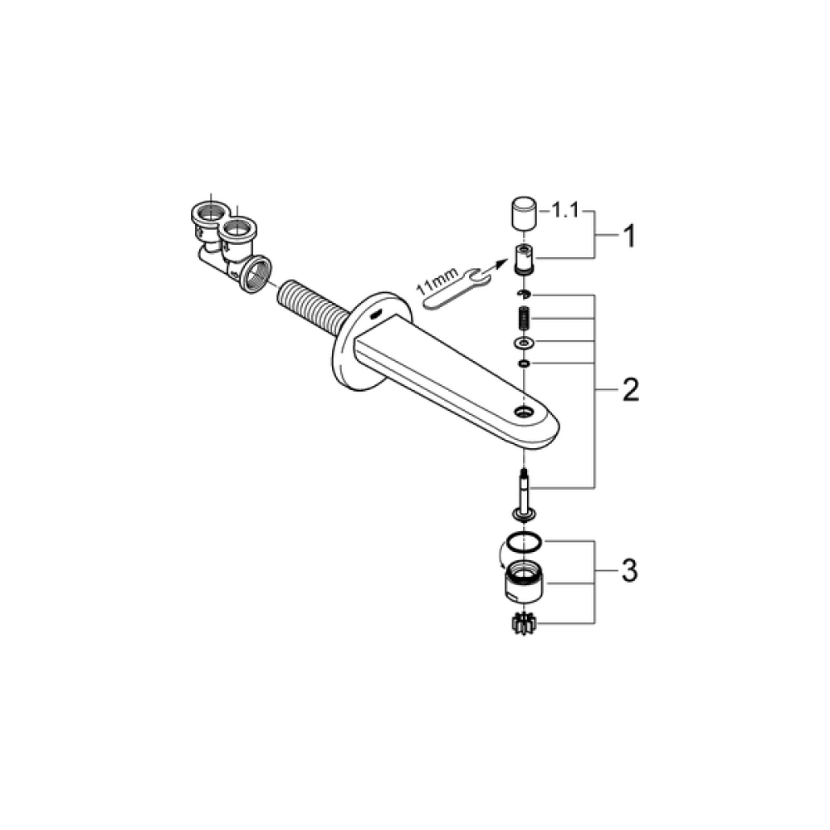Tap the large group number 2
pos(630,389)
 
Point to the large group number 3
pos(629,571)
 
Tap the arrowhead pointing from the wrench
pos(501,261)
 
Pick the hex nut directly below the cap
pos(524,259)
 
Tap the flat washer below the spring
pos(524,343)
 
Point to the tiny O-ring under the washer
pos(524,363)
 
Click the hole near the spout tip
pos(525,412)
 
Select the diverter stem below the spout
pos(524,495)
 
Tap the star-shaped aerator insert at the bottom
pos(523,623)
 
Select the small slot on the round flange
pos(376,314)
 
